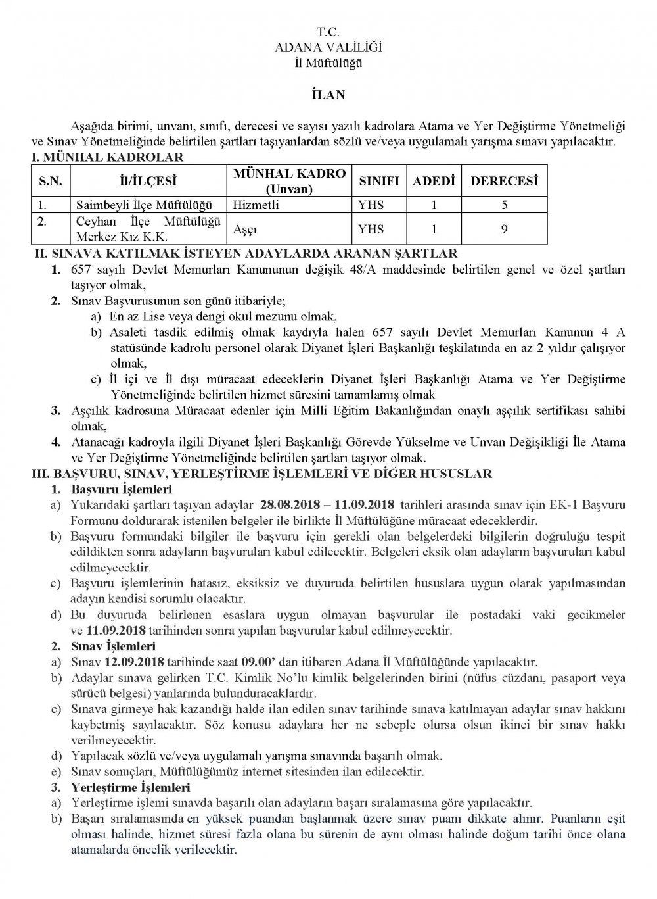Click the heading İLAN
pyautogui.click(x=328, y=95)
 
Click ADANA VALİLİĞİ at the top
pyautogui.click(x=328, y=47)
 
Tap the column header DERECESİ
pyautogui.click(x=504, y=181)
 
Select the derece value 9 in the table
pyautogui.click(x=503, y=230)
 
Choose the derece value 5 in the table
pyautogui.click(x=503, y=205)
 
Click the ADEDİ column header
pyautogui.click(x=433, y=181)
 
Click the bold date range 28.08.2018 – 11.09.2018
pyautogui.click(x=327, y=504)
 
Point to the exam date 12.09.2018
pyautogui.click(x=133, y=660)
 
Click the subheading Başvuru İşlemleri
pyautogui.click(x=121, y=489)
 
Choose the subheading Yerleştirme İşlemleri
pyautogui.click(x=129, y=787)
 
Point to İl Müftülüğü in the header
pyautogui.click(x=328, y=63)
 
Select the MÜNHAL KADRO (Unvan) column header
pyautogui.click(x=289, y=181)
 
